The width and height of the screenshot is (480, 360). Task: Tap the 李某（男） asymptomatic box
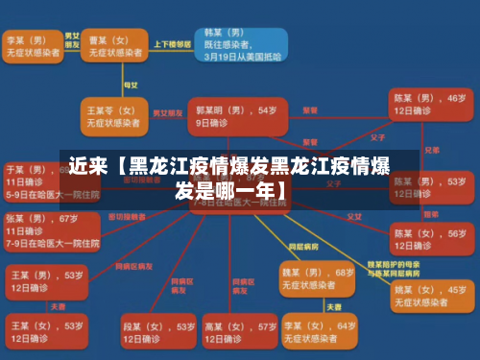tap(33, 46)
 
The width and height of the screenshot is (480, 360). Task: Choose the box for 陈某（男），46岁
tap(428, 105)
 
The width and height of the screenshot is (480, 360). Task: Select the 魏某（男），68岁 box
tap(318, 278)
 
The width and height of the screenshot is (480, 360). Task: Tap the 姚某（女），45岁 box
tap(428, 295)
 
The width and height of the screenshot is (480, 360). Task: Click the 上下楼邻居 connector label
tap(174, 45)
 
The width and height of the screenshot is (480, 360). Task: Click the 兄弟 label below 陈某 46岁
tap(432, 150)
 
